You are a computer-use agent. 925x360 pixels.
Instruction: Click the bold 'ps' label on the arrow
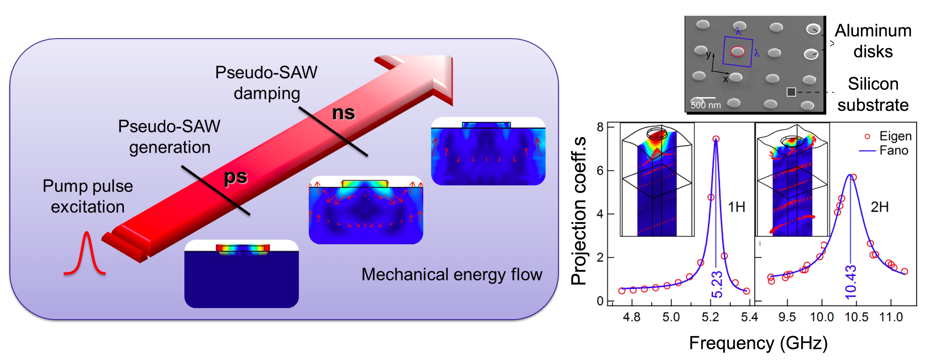[236, 177]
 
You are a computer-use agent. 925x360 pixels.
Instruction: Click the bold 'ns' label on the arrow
[343, 113]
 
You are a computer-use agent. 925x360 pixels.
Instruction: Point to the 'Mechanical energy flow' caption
[452, 275]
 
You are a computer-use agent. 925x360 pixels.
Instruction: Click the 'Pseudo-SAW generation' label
[169, 137]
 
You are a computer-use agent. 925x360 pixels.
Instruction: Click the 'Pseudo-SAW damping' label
[266, 83]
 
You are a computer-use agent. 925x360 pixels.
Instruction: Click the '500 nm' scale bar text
[706, 105]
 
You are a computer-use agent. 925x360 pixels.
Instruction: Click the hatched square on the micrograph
[791, 92]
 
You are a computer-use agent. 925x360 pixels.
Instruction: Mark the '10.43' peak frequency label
[851, 282]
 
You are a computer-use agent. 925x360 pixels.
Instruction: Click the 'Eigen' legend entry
[895, 136]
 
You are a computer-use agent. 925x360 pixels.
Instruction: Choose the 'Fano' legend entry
[893, 151]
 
